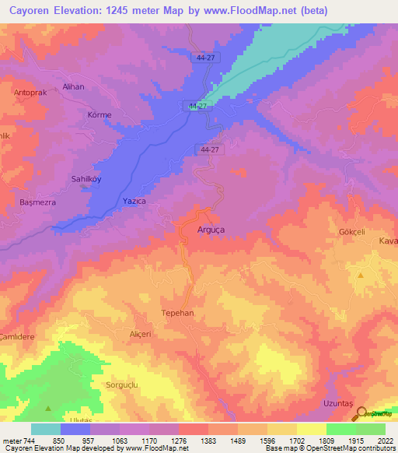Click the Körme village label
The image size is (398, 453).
100,115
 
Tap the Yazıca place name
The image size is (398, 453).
134,201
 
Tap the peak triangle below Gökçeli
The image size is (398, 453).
360,275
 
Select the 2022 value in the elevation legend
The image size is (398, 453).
383,441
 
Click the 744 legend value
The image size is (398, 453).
29,441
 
